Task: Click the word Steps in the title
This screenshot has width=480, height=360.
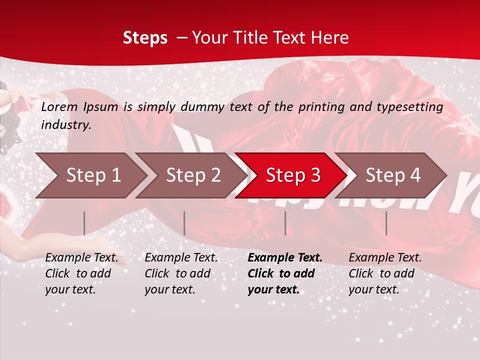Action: coord(145,38)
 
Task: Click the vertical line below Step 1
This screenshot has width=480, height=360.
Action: coord(84,223)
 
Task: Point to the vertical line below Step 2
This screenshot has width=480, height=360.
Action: coord(184,223)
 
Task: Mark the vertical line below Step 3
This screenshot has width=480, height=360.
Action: coord(285,223)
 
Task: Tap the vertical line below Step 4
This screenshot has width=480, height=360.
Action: coord(386,223)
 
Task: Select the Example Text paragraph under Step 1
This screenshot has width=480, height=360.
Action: coord(81,273)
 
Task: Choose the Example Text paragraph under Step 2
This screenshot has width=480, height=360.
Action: coord(181,273)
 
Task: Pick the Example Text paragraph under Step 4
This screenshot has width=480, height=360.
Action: coord(385,273)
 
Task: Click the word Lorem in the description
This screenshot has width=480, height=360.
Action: coord(58,107)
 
